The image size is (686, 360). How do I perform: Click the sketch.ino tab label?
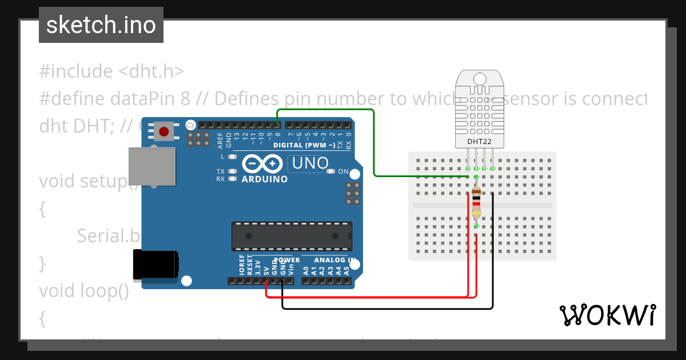(x=101, y=25)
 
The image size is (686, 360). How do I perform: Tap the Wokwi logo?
(x=607, y=315)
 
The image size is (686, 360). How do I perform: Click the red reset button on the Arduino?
(x=164, y=132)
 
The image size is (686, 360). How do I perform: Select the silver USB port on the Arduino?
(x=151, y=166)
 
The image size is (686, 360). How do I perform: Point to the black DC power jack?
(x=155, y=265)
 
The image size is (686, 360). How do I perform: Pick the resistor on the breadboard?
(x=476, y=203)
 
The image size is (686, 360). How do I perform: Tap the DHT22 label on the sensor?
(x=480, y=141)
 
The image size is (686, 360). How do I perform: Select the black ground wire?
(x=389, y=309)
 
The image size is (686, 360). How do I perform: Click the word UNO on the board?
(x=309, y=164)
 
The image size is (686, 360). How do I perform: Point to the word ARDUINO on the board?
(x=265, y=179)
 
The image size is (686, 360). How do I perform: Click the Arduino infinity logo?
(x=263, y=164)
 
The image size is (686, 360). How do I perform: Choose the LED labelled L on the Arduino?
(x=232, y=157)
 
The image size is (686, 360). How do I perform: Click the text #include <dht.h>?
(x=111, y=71)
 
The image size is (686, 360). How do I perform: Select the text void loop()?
(x=84, y=291)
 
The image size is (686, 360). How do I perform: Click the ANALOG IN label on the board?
(x=334, y=260)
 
